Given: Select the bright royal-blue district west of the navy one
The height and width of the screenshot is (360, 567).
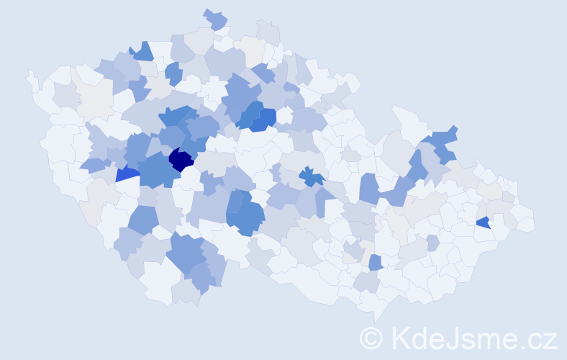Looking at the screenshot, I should coord(127,174).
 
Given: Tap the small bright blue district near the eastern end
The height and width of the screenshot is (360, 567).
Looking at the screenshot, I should coord(483,222).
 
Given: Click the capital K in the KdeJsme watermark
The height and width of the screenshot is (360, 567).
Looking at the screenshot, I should coord(402,338).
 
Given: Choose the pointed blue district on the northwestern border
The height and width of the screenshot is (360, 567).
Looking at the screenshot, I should coord(143,51).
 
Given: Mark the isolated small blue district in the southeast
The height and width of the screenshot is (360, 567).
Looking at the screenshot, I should coord(375,263).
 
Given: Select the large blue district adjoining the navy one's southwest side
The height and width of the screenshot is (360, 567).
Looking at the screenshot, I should coord(154,170).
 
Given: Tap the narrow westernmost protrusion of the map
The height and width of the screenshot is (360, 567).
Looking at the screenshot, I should coord(31,78).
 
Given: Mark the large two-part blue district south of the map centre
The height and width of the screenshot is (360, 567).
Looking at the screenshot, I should coord(245,212).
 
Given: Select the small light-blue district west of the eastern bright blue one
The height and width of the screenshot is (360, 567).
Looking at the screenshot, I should coord(432,243).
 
